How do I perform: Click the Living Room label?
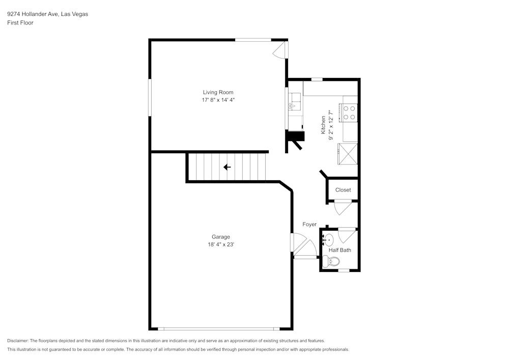(x=218, y=92)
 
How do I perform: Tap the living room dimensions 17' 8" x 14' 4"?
(x=218, y=100)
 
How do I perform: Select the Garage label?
(x=221, y=237)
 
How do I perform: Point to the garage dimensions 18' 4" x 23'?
(x=221, y=245)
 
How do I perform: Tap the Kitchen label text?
(x=323, y=125)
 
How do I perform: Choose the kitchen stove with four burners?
(x=350, y=112)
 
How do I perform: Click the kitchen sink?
(x=295, y=102)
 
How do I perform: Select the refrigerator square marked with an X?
(x=348, y=154)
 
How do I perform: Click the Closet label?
(x=343, y=190)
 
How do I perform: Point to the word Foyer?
(x=309, y=225)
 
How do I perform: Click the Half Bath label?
(x=340, y=250)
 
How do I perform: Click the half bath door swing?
(x=348, y=235)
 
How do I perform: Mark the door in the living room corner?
(x=279, y=50)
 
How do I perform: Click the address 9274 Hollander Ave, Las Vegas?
(x=47, y=14)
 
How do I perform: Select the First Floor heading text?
(x=20, y=23)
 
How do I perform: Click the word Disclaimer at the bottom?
(x=18, y=341)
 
